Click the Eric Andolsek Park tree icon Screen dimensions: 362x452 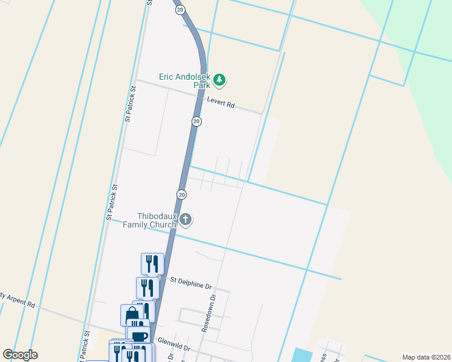pos(220,79)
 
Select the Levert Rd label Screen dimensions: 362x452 pos(221,103)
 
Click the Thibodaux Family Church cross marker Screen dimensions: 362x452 pos(186,220)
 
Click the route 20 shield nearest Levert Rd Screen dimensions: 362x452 pos(196,121)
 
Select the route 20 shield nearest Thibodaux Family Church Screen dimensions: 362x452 pos(181,194)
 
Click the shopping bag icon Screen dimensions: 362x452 pos(132,314)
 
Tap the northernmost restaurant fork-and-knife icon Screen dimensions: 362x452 pos(152,263)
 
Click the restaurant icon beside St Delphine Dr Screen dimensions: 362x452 pos(147,287)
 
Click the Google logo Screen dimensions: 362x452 pos(20,355)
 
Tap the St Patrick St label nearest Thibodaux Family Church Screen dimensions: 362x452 pos(111,202)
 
